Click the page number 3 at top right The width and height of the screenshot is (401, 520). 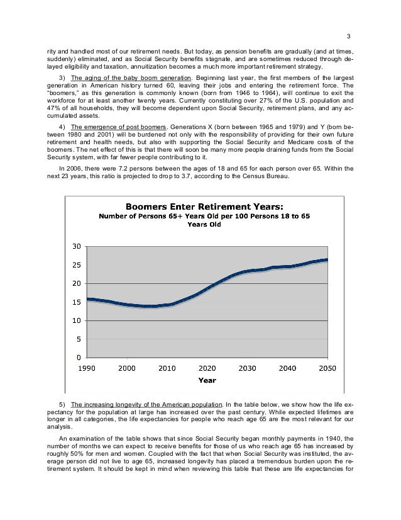(x=349, y=35)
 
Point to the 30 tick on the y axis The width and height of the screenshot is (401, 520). (x=75, y=246)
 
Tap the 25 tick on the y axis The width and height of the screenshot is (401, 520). (x=75, y=265)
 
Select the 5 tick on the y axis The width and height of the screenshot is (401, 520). (x=77, y=339)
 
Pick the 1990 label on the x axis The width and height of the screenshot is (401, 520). (x=87, y=368)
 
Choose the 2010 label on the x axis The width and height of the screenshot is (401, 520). (x=167, y=368)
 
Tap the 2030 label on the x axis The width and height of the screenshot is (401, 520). (x=247, y=368)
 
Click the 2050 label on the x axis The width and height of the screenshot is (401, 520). (x=327, y=368)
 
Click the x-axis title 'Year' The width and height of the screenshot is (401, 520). (x=207, y=380)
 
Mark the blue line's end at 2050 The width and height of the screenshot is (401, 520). (x=327, y=259)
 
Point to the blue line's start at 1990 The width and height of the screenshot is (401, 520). (x=87, y=299)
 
